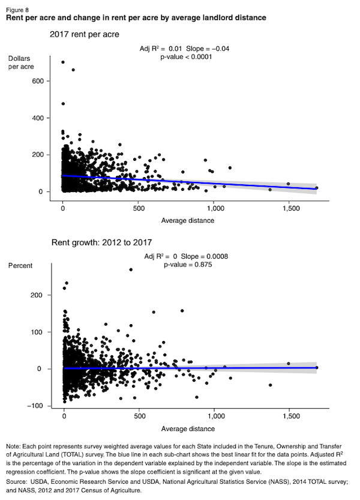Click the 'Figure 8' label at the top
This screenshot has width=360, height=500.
coord(16,10)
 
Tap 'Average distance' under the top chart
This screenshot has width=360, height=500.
coord(188,220)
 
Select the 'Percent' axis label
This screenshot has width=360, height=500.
coord(21,265)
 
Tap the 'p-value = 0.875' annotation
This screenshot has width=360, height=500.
coord(187,264)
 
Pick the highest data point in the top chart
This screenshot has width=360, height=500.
coord(63,62)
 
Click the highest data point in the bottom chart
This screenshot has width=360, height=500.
coord(131,270)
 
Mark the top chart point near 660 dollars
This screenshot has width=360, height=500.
coord(73,70)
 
